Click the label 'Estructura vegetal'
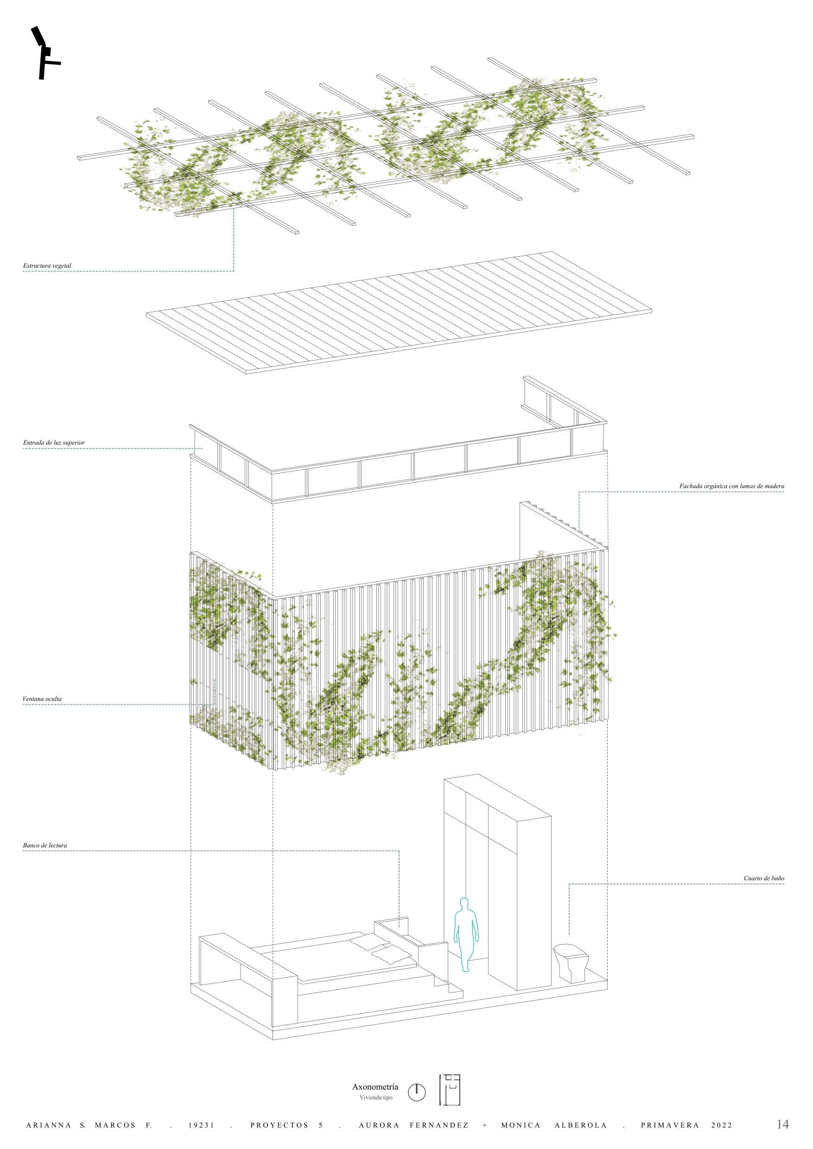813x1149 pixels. pos(47,266)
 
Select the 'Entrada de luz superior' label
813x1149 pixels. pos(54,443)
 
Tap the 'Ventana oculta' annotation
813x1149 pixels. pos(42,699)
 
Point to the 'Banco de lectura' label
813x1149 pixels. pos(44,845)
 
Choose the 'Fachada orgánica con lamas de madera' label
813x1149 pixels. pos(731,486)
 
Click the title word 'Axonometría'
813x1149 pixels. pos(375,1087)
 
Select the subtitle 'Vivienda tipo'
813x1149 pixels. pos(375,1098)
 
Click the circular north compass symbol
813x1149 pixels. pos(417,1092)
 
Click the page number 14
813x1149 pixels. pos(782,1124)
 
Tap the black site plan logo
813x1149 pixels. pos(45,53)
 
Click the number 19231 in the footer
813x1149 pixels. pos(201,1125)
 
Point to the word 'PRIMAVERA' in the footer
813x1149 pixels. pos(669,1125)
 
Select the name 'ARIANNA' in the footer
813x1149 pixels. pos(48,1125)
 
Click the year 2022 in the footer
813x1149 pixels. pos(721,1125)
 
